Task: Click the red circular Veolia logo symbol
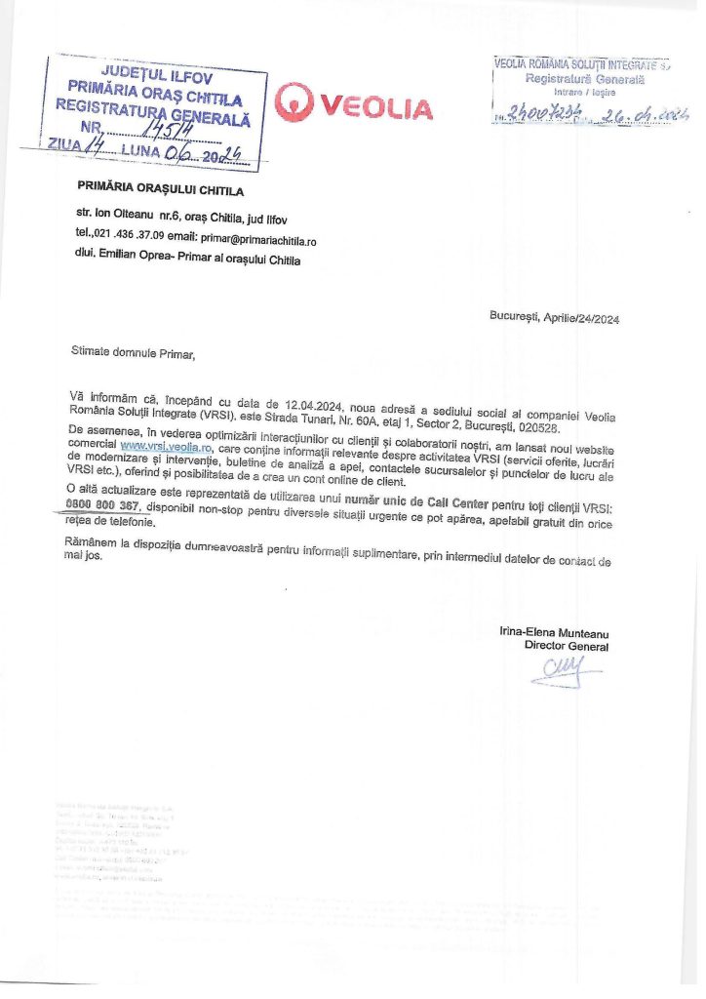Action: (294, 101)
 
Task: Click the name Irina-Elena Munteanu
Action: (553, 632)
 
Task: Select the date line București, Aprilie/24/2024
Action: (554, 318)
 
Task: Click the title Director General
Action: (566, 646)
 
